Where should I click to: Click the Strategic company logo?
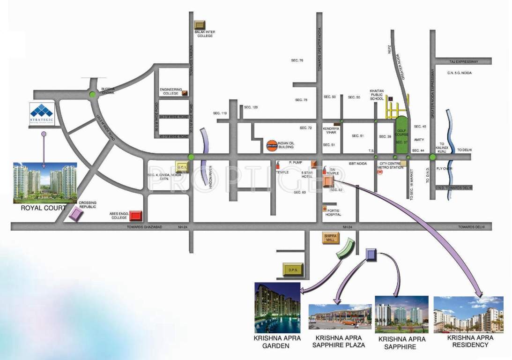42,114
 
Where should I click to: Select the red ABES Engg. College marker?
136,216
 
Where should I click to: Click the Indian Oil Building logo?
271,145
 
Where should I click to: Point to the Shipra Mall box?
330,238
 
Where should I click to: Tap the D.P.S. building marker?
293,270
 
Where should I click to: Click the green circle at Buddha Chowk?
93,96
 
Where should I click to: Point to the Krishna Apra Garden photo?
277,307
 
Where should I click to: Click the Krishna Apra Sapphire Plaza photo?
340,317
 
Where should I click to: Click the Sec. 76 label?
297,60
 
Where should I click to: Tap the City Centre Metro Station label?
390,165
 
